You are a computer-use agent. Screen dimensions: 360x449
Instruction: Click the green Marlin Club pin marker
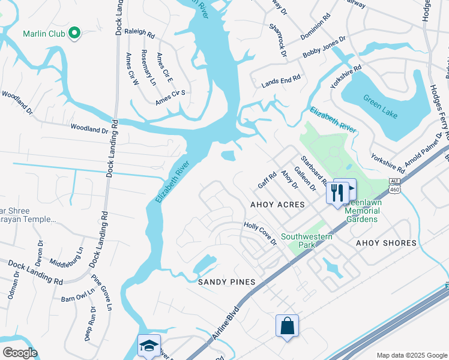pyautogui.click(x=74, y=34)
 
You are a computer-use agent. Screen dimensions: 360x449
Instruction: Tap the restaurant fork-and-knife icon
pyautogui.click(x=336, y=192)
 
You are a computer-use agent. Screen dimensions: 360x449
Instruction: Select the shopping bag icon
pyautogui.click(x=288, y=326)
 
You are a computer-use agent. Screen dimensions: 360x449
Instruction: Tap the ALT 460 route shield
pyautogui.click(x=394, y=185)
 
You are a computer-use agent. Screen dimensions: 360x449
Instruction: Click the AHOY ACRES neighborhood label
pyautogui.click(x=277, y=205)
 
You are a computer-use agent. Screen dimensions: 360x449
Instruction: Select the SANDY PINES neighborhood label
pyautogui.click(x=228, y=282)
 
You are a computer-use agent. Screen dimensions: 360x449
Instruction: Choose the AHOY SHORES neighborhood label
pyautogui.click(x=386, y=243)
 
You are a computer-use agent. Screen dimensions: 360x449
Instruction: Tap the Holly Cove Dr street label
pyautogui.click(x=260, y=233)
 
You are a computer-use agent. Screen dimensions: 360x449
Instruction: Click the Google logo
pyautogui.click(x=20, y=353)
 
